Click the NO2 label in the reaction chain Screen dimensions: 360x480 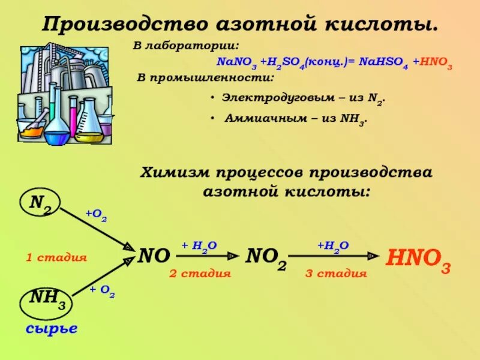coord(266,258)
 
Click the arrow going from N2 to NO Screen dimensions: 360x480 coord(96,228)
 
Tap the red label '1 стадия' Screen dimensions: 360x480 coord(56,258)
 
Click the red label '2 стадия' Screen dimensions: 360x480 coord(200,274)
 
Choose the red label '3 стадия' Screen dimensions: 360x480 coord(336,274)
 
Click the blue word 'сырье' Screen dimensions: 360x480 coord(52,328)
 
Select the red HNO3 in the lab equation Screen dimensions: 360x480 coord(433,64)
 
